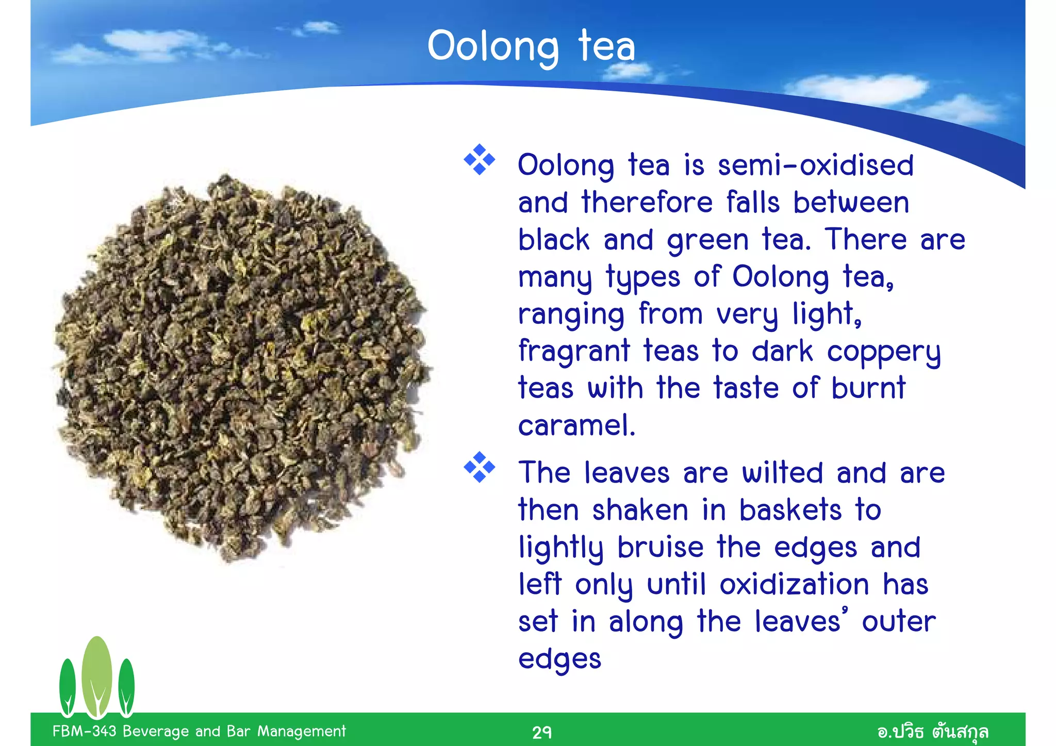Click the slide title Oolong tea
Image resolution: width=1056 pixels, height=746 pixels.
click(531, 46)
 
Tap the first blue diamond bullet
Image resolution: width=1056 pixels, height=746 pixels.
click(480, 160)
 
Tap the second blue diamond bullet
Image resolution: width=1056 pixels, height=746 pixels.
click(480, 467)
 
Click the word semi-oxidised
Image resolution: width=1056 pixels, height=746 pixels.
click(816, 166)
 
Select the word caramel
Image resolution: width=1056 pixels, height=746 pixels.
click(576, 426)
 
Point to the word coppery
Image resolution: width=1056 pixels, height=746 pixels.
click(884, 353)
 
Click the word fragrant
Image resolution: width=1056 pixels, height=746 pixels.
click(574, 352)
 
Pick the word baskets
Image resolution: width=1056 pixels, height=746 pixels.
click(790, 510)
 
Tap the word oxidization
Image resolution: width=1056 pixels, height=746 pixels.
click(795, 585)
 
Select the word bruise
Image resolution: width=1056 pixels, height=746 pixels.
click(661, 548)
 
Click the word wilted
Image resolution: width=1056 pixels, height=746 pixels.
click(782, 473)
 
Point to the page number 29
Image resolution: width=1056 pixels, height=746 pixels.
click(542, 732)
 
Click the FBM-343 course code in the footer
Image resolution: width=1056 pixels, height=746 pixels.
click(84, 731)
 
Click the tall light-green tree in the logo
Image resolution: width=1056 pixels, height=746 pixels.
click(97, 675)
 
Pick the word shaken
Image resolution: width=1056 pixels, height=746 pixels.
click(640, 510)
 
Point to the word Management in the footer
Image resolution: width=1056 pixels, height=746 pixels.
click(302, 731)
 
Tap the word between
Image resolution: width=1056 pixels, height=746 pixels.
click(851, 203)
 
